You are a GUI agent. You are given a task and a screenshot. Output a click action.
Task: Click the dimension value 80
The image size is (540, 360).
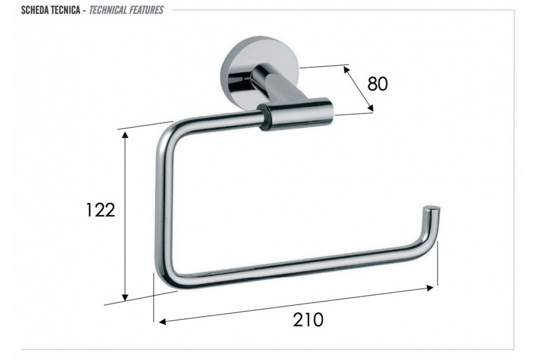click(x=378, y=84)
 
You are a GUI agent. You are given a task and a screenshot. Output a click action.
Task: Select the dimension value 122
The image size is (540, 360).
click(x=100, y=210)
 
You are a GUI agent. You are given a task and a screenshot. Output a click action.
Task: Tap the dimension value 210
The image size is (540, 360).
click(x=308, y=320)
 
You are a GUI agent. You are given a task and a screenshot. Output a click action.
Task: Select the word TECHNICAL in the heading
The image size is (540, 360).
click(x=108, y=10)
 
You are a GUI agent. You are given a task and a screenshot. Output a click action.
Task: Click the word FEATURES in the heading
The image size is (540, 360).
click(x=146, y=10)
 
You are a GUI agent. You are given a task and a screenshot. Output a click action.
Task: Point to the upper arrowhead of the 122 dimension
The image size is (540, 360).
click(x=125, y=135)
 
